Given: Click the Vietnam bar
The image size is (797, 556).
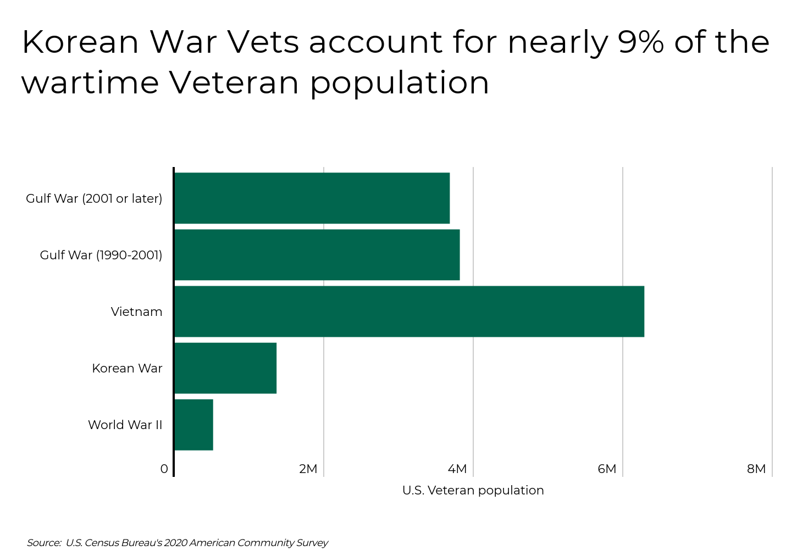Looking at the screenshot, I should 409,312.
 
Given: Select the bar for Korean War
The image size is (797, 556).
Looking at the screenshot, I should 225,368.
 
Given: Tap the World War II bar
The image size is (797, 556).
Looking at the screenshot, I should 193,425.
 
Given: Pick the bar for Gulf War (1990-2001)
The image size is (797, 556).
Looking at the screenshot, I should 317,255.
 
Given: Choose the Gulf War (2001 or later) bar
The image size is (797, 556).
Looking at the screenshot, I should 312,198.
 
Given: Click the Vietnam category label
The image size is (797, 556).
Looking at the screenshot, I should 136,312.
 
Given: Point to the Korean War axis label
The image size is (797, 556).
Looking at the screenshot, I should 127,369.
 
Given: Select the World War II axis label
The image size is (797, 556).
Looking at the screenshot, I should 125,425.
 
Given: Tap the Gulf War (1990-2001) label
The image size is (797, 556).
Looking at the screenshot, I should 101,255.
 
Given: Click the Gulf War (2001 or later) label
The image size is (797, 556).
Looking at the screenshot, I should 94,199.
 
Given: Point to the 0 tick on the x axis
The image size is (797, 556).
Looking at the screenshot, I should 164,469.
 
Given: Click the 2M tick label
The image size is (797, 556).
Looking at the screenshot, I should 308,469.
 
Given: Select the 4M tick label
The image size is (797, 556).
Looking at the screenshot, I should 457,469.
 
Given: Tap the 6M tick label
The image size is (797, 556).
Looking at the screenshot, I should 607,469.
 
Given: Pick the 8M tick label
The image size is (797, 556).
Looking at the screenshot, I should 756,469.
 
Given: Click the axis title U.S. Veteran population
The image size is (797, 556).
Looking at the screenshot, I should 473,491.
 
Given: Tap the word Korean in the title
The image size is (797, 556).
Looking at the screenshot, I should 80,42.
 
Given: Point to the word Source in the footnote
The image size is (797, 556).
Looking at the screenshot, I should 43,543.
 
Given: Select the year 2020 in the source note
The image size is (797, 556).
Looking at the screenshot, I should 176,543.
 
